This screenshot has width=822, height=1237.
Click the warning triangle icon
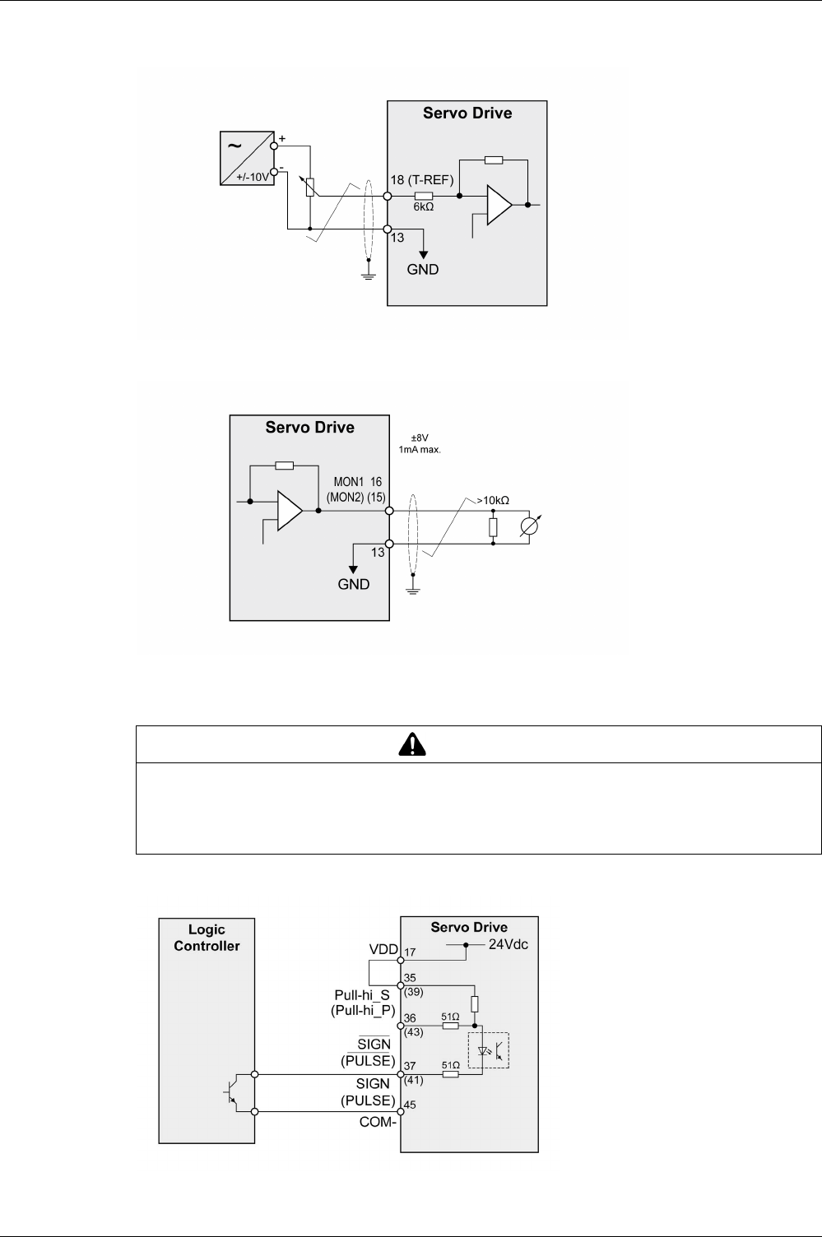tap(410, 744)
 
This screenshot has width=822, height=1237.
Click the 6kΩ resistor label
tap(424, 208)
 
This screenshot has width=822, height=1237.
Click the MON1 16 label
tap(357, 481)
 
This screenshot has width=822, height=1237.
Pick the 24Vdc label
tap(509, 944)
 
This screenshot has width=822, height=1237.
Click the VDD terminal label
tap(383, 948)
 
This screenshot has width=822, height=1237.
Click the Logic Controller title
tap(207, 938)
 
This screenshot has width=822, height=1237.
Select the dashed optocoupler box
tap(488, 1049)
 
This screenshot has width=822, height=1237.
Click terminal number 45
tap(411, 1105)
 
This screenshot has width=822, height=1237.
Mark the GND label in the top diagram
tap(423, 269)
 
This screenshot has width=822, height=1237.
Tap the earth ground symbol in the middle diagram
tap(413, 588)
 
